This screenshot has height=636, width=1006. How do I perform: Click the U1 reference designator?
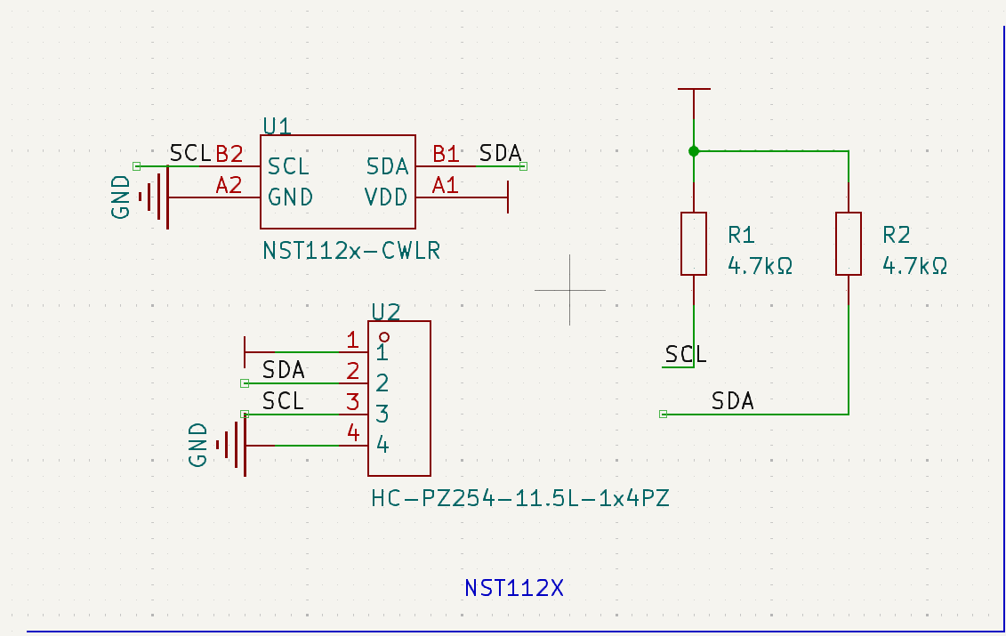pyautogui.click(x=278, y=125)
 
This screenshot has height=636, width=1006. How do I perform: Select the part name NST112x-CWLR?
pyautogui.click(x=351, y=251)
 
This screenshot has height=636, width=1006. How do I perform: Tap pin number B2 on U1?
pyautogui.click(x=229, y=154)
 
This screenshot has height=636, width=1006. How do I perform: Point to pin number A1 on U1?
pyautogui.click(x=446, y=185)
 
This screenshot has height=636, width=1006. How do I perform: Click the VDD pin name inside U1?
pyautogui.click(x=386, y=197)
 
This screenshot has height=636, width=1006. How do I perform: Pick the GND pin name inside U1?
pyautogui.click(x=290, y=197)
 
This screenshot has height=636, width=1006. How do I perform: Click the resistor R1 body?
pyautogui.click(x=694, y=244)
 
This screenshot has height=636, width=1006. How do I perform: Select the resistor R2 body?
pyautogui.click(x=849, y=244)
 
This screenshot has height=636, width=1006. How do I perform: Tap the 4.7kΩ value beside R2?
pyautogui.click(x=914, y=265)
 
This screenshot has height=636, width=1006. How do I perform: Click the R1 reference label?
pyautogui.click(x=741, y=235)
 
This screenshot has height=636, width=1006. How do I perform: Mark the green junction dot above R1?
pyautogui.click(x=694, y=151)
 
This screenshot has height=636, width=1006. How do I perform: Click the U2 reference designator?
pyautogui.click(x=385, y=311)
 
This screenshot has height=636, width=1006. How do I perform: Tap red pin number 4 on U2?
pyautogui.click(x=353, y=433)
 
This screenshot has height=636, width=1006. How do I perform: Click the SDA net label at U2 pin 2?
pyautogui.click(x=284, y=369)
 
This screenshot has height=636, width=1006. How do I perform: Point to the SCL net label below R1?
pyautogui.click(x=686, y=355)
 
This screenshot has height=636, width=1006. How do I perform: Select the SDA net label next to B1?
pyautogui.click(x=500, y=153)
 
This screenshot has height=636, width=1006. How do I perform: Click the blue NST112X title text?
pyautogui.click(x=514, y=588)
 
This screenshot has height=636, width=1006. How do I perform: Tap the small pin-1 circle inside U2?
pyautogui.click(x=384, y=337)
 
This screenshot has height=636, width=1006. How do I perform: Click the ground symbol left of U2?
pyautogui.click(x=233, y=445)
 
